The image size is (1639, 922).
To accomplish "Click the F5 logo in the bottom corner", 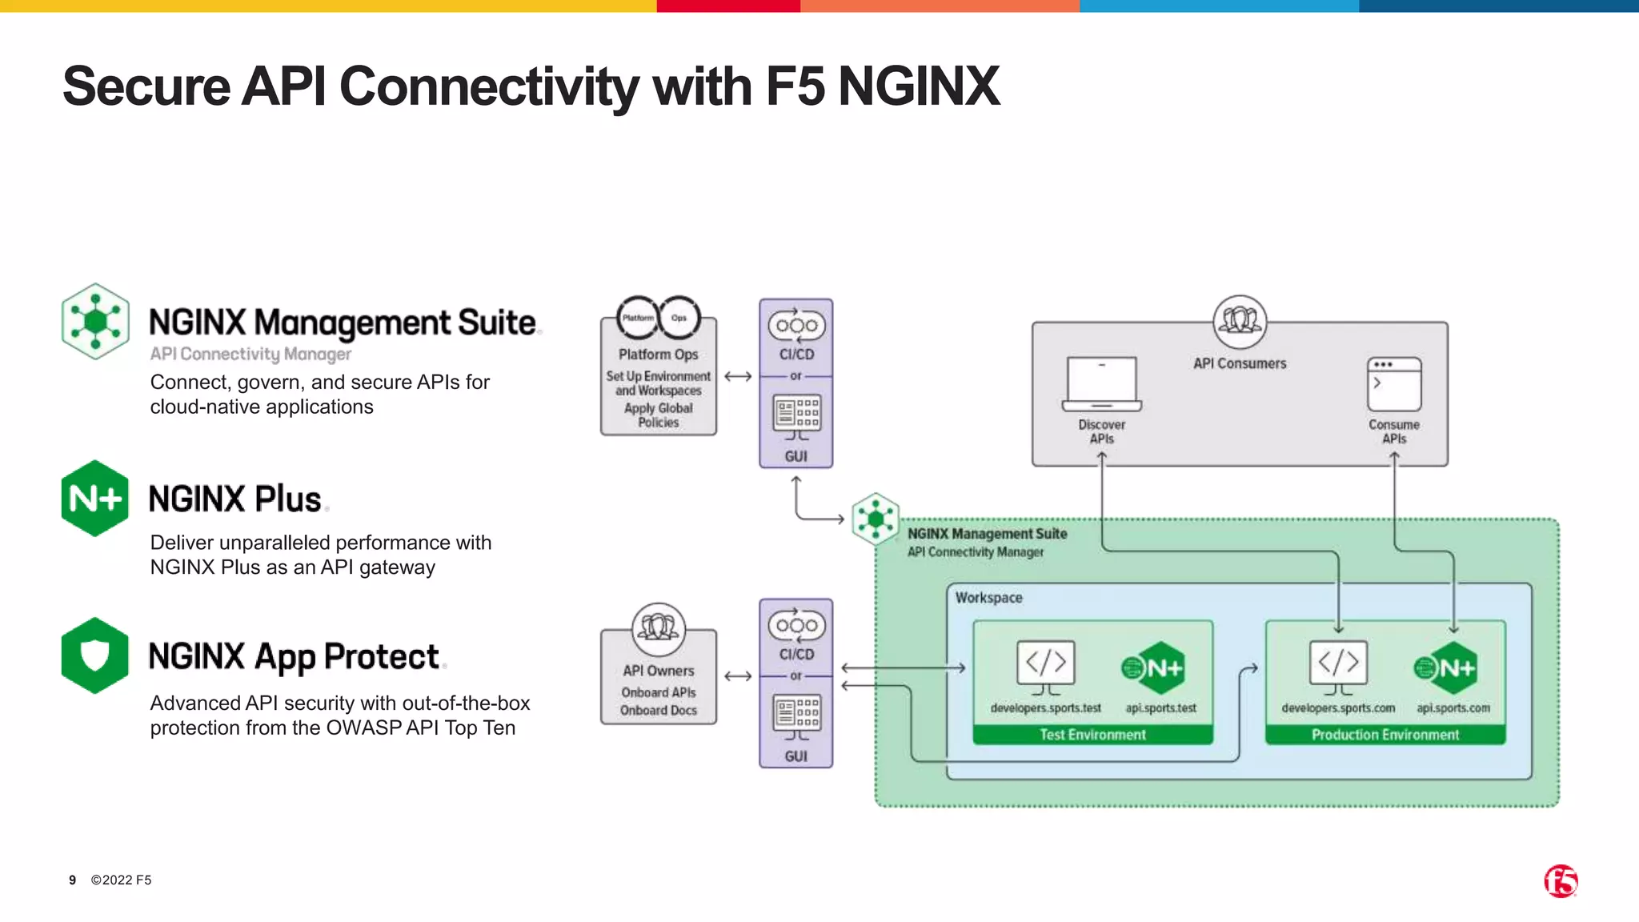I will pos(1560,881).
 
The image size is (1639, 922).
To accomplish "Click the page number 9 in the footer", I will pos(72,880).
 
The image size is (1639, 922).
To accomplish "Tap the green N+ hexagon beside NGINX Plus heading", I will pos(95,498).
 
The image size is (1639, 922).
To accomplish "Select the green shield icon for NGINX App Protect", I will pos(95,655).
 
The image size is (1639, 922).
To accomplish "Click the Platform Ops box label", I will pos(658,354).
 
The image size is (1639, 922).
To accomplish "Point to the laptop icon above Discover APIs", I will pos(1101,383).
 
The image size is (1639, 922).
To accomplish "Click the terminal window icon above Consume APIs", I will pos(1394,383).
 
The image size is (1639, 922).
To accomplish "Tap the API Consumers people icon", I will pos(1240,321).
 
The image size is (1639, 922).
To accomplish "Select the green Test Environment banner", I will pos(1092,735).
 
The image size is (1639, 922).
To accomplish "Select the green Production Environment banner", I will pos(1385,735).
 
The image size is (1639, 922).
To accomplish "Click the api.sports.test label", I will pos(1160,708).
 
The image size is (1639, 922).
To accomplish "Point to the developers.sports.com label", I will pos(1338,708).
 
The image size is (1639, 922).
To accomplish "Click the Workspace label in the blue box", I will pos(988,598).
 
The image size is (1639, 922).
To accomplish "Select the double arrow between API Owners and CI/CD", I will pos(738,676).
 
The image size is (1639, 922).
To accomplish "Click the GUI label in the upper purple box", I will pos(795,456).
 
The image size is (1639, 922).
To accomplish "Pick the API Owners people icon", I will pos(659,629).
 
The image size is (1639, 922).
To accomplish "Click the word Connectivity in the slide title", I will pos(489,86).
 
